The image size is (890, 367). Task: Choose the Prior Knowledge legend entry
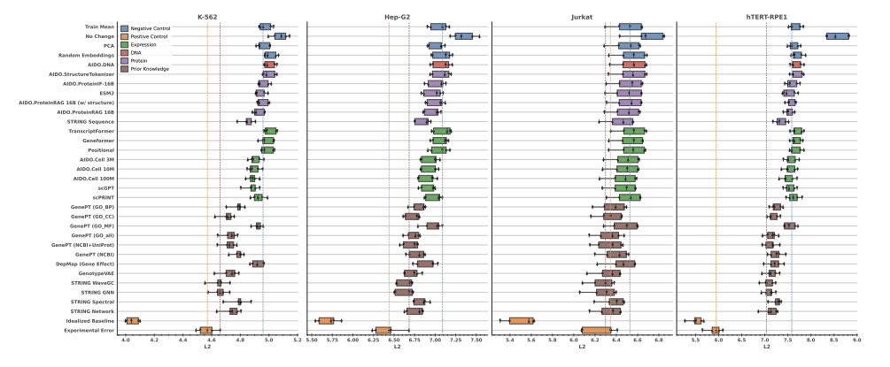pyautogui.click(x=150, y=68)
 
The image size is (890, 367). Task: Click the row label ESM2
pyautogui.click(x=107, y=93)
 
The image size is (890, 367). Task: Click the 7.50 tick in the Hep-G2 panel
pyautogui.click(x=476, y=340)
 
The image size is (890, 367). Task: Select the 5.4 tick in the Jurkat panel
pyautogui.click(x=509, y=340)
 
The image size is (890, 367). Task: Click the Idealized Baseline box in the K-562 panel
pyautogui.click(x=133, y=320)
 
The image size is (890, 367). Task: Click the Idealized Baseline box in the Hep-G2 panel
pyautogui.click(x=326, y=320)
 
